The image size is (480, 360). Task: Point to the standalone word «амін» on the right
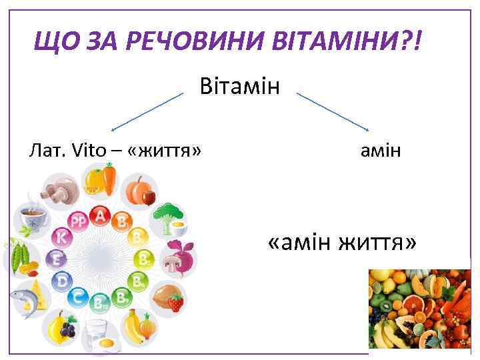[381, 151]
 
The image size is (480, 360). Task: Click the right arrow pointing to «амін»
[333, 111]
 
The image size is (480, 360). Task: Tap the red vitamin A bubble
[101, 215]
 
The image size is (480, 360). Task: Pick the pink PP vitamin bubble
[79, 221]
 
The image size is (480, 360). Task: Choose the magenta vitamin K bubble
[62, 237]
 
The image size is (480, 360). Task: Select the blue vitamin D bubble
[63, 281]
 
